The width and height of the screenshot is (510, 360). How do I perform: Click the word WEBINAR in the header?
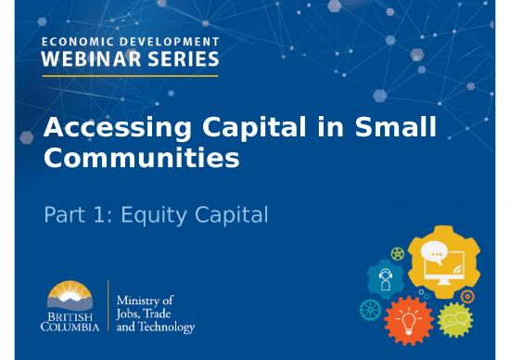point(87,60)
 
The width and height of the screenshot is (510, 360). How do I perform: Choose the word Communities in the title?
point(141,159)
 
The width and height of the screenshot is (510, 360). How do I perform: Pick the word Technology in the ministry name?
point(169,327)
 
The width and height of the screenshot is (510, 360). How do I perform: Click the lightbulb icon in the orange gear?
point(409,315)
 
